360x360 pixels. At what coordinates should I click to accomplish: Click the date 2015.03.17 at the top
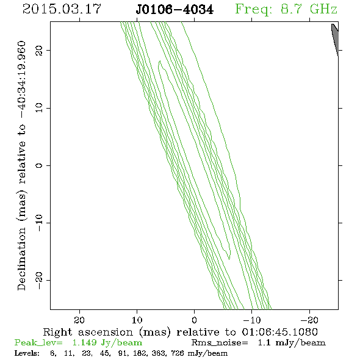coord(62,9)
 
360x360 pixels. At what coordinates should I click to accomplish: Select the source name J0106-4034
coord(175,10)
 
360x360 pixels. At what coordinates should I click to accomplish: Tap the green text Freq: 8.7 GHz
coord(286,9)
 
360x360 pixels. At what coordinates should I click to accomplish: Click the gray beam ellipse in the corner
coord(335,40)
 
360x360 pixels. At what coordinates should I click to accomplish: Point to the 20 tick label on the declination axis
coord(39,51)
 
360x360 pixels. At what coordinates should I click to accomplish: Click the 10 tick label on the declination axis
coord(39,108)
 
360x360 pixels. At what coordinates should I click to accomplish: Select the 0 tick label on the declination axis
coord(39,165)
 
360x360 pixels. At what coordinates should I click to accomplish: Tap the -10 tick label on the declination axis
coord(39,223)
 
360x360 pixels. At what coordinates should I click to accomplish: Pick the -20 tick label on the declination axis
coord(39,280)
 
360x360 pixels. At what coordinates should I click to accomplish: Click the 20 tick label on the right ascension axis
coord(79,320)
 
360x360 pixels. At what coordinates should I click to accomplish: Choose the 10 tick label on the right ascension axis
coord(137,320)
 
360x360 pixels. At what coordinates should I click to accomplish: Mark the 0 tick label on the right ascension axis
coord(195,320)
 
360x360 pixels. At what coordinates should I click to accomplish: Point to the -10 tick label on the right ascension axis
coord(252,320)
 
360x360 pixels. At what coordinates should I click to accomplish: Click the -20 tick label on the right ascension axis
coord(309,320)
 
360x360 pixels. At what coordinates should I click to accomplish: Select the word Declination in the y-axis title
coord(21,259)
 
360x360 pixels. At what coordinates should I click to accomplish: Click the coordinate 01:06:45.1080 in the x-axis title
coord(279,332)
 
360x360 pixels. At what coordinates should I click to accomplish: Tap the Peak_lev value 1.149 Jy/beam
coord(107,343)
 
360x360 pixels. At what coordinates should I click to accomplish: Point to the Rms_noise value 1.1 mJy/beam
coord(292,343)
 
